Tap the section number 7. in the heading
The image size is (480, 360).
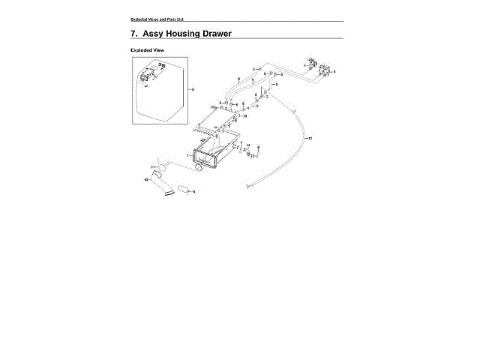[134, 34]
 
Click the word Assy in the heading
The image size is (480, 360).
[154, 34]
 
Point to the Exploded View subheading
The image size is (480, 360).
[148, 50]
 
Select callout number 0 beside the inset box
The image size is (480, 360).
[193, 89]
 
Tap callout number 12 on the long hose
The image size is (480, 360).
[310, 139]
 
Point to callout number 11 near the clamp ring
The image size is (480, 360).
[152, 166]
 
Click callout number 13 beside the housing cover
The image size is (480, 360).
[244, 116]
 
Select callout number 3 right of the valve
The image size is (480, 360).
[334, 71]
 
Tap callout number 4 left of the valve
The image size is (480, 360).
[304, 66]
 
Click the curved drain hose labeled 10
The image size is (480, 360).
[160, 184]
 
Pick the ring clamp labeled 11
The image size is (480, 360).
[159, 167]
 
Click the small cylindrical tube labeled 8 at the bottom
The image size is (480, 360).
[184, 193]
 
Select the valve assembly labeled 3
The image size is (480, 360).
[325, 70]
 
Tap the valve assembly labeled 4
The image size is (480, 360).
[310, 63]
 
